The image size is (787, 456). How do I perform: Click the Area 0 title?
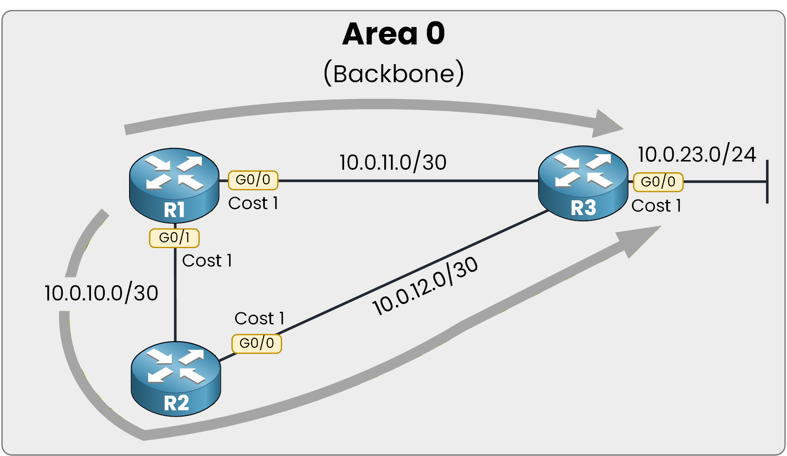(x=393, y=34)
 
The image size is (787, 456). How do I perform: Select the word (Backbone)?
(x=393, y=74)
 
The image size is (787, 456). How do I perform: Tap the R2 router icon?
(x=176, y=378)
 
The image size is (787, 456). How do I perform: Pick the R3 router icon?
(x=583, y=183)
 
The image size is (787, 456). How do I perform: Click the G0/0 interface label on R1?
(x=253, y=180)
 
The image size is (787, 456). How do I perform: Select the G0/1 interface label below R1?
(x=174, y=238)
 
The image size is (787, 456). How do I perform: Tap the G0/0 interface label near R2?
(x=256, y=343)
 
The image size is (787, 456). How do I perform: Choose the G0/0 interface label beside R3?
(x=658, y=182)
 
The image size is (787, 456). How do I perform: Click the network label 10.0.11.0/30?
(x=393, y=163)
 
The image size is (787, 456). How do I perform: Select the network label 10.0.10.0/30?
(x=101, y=293)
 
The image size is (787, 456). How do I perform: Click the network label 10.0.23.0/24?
(x=696, y=155)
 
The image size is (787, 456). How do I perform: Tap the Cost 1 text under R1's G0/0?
(x=253, y=203)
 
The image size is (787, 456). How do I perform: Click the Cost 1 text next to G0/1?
(x=207, y=261)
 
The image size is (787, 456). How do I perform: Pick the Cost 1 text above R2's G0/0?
(x=259, y=319)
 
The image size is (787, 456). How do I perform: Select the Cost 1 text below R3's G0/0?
(x=656, y=206)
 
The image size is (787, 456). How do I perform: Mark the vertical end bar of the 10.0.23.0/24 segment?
(x=767, y=181)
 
